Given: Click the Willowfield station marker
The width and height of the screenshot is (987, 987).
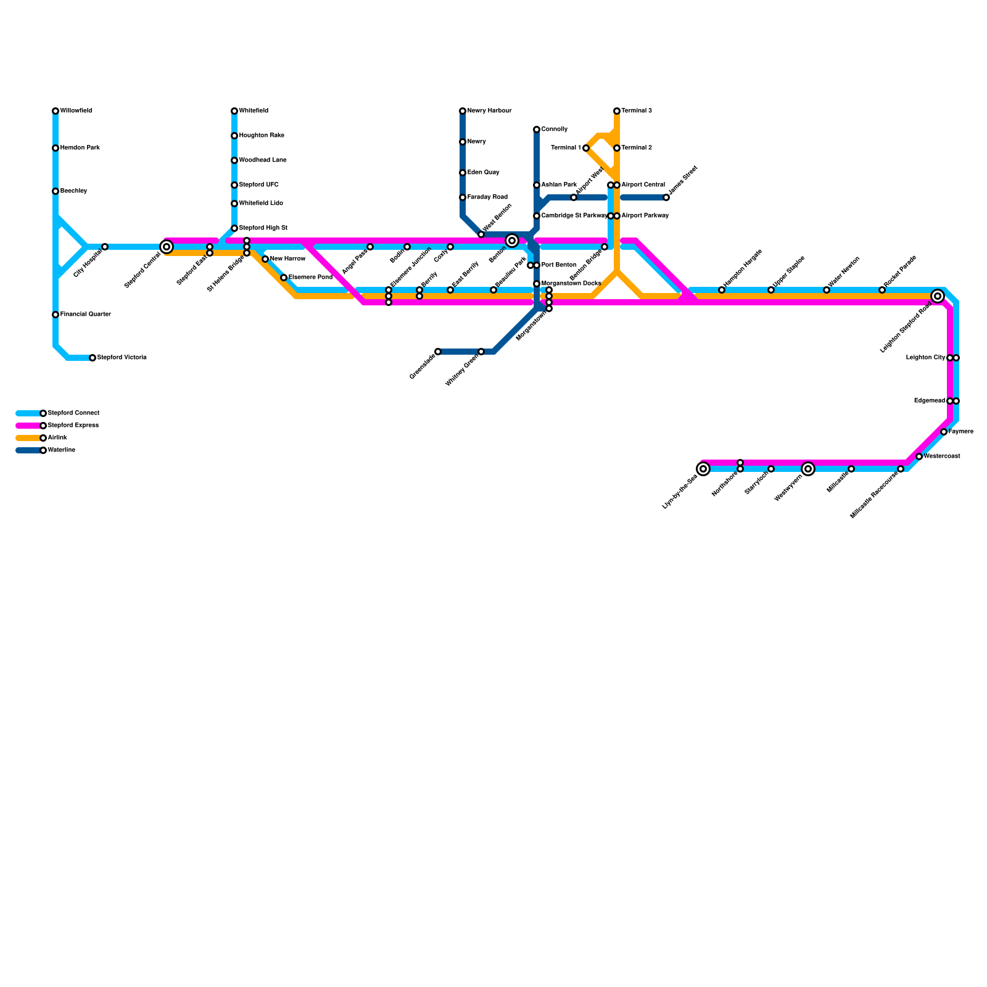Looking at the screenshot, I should coord(56,111).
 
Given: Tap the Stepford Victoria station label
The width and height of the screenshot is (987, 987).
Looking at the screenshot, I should coord(122,358).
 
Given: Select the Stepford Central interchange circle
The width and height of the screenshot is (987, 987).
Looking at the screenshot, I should coord(167,247).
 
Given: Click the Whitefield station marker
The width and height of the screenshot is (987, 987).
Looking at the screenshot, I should coord(234,111).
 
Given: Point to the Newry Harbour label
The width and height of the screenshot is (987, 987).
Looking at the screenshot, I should coord(489,111).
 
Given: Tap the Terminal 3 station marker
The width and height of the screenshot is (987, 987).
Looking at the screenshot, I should coord(617,111).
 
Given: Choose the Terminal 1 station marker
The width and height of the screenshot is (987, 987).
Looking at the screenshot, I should coord(586,148).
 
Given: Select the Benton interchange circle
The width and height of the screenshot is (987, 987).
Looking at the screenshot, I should coord(512,241).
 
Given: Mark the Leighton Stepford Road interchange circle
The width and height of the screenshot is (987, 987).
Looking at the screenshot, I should coord(938,296).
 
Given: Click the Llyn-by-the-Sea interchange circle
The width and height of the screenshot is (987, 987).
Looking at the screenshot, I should coord(703,469).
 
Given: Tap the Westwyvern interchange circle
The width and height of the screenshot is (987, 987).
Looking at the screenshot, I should coord(808,469).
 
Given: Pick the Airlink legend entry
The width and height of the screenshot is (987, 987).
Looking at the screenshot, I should coord(57,438).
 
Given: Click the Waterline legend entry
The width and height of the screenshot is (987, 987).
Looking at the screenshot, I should coord(61,450).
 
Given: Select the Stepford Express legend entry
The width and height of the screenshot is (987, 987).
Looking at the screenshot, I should coord(73,426).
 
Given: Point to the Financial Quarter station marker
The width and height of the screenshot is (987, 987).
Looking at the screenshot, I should coord(56,315).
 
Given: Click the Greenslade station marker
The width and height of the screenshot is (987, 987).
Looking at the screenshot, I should coord(438,352).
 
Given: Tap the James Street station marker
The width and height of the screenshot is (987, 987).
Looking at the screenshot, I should coord(666,197).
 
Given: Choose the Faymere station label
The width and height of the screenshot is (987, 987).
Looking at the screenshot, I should coord(960,432).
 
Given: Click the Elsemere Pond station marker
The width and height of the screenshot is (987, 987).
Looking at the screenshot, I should coord(284,278).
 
